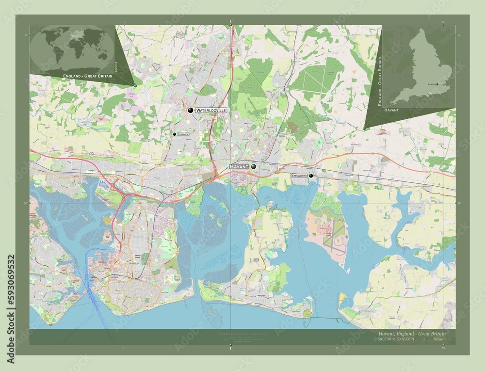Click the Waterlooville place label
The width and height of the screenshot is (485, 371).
pyautogui.click(x=210, y=111)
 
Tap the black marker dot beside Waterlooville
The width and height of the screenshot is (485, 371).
pyautogui.click(x=191, y=110)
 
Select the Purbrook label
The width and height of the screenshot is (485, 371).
pyautogui.click(x=185, y=134)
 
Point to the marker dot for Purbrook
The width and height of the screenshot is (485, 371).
pyautogui.click(x=174, y=134)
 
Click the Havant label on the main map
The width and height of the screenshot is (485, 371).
pyautogui.click(x=239, y=166)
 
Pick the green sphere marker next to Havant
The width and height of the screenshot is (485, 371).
pyautogui.click(x=254, y=166)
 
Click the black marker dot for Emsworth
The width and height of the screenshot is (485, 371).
pyautogui.click(x=310, y=176)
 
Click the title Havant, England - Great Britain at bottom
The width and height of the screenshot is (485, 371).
pyautogui.click(x=412, y=334)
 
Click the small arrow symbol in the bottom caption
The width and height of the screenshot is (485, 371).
pyautogui.click(x=423, y=339)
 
